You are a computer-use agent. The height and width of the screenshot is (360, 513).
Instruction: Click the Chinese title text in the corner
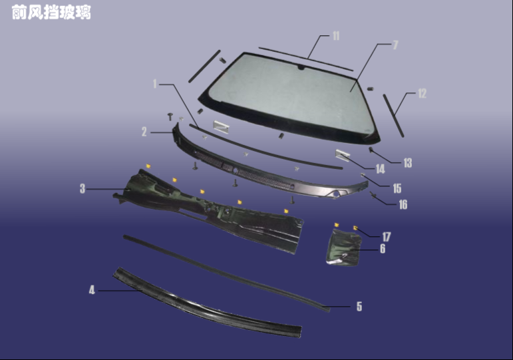point(51,13)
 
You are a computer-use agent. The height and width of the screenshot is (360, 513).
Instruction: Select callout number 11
point(336,36)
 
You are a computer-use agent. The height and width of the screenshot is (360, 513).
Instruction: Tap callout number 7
point(395,45)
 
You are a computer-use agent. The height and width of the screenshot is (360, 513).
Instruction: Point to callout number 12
point(422,94)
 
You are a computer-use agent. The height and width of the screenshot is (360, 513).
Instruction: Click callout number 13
point(408,162)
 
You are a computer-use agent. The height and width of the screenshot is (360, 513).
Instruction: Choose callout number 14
point(380,169)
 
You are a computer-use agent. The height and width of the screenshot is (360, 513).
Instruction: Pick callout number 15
point(397,188)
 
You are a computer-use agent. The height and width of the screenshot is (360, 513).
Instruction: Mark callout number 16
point(403,204)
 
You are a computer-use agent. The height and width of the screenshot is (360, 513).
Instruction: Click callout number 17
point(387,237)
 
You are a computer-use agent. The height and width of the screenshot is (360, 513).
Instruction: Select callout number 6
point(383,249)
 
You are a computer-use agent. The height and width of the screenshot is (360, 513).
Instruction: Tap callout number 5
point(359,306)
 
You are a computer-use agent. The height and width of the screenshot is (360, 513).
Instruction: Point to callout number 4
point(92,290)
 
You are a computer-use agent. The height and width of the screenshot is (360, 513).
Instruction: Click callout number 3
point(83,188)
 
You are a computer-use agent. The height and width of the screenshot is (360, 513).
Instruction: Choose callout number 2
point(144,132)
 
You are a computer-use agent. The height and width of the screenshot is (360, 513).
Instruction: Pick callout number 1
point(155,84)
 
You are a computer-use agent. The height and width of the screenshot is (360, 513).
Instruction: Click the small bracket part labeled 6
point(344,248)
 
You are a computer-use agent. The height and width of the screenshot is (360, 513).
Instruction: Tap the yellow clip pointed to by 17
point(355,228)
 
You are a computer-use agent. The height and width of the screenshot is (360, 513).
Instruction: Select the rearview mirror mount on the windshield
point(301,68)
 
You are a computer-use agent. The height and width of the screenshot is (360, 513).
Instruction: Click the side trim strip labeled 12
point(393,116)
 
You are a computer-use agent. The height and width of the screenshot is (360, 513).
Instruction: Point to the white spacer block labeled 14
point(343,154)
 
